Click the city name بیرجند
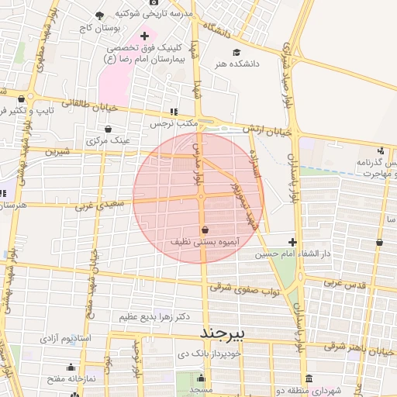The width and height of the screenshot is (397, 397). coord(223,333)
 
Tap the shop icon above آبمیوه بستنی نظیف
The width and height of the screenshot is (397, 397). coord(205,230)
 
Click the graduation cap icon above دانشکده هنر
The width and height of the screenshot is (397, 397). coord(237,53)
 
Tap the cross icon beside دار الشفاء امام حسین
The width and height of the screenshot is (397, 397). coord(292,243)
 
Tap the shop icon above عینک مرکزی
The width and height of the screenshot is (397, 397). coord(108,129)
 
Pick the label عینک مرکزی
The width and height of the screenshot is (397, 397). coord(108,141)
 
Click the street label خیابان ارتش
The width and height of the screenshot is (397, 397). coord(264,129)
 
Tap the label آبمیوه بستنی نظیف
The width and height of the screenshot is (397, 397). coord(205,242)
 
